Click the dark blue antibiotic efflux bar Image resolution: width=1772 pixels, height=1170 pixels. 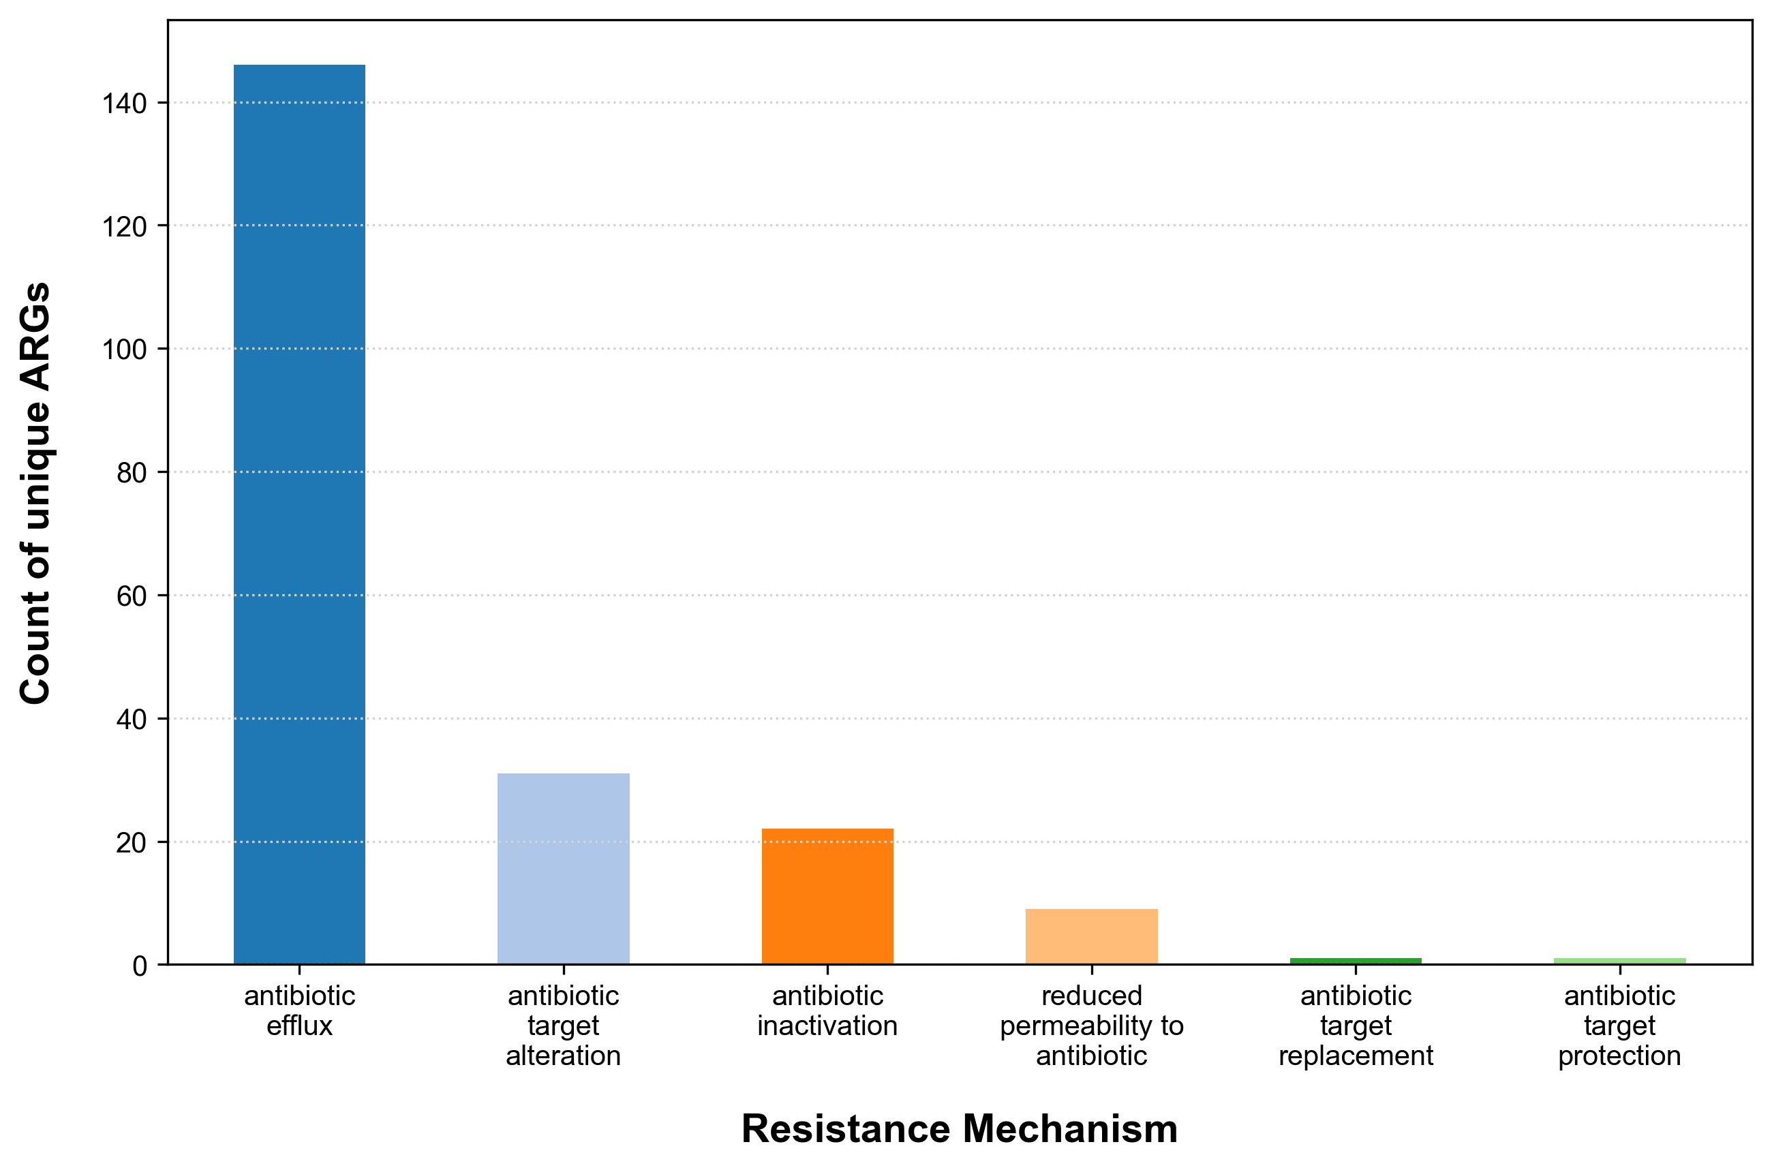(299, 515)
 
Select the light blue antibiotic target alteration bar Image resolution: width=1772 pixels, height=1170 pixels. (564, 869)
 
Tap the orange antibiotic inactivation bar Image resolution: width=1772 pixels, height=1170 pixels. (827, 896)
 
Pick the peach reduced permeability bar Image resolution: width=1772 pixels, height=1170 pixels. (1092, 936)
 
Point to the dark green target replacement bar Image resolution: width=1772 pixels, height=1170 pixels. (1356, 961)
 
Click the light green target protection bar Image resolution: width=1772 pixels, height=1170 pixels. (1620, 961)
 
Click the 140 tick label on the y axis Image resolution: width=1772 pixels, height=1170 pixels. (124, 104)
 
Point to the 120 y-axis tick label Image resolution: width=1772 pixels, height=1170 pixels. (124, 227)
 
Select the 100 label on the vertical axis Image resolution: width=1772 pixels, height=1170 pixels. (124, 350)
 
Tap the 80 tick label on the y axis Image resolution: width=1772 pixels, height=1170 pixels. (132, 473)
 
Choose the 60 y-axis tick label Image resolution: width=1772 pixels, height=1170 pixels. (132, 596)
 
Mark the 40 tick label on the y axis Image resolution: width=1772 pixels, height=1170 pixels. (132, 720)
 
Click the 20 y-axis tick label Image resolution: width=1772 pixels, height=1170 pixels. (132, 843)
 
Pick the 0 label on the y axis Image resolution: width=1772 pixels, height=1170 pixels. (140, 967)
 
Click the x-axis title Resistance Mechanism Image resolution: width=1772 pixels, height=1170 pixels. (960, 1129)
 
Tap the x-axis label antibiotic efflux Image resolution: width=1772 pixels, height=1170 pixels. (299, 1011)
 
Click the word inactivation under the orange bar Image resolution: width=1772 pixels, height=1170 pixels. (827, 1026)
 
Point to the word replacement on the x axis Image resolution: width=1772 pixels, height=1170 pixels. (1356, 1056)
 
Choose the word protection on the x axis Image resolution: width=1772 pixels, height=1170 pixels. (1620, 1056)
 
